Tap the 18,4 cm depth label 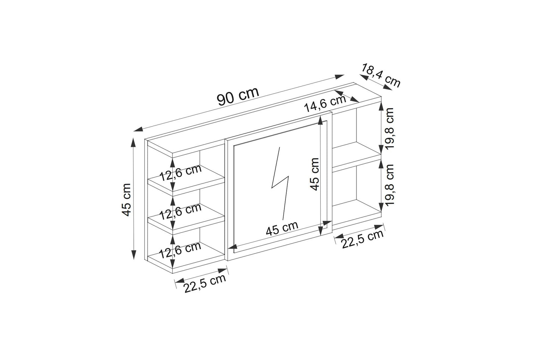tap(381, 75)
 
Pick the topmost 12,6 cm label tap(180, 173)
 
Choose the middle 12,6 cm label tap(180, 212)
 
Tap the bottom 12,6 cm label tap(180, 250)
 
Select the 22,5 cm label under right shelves tap(362, 239)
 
